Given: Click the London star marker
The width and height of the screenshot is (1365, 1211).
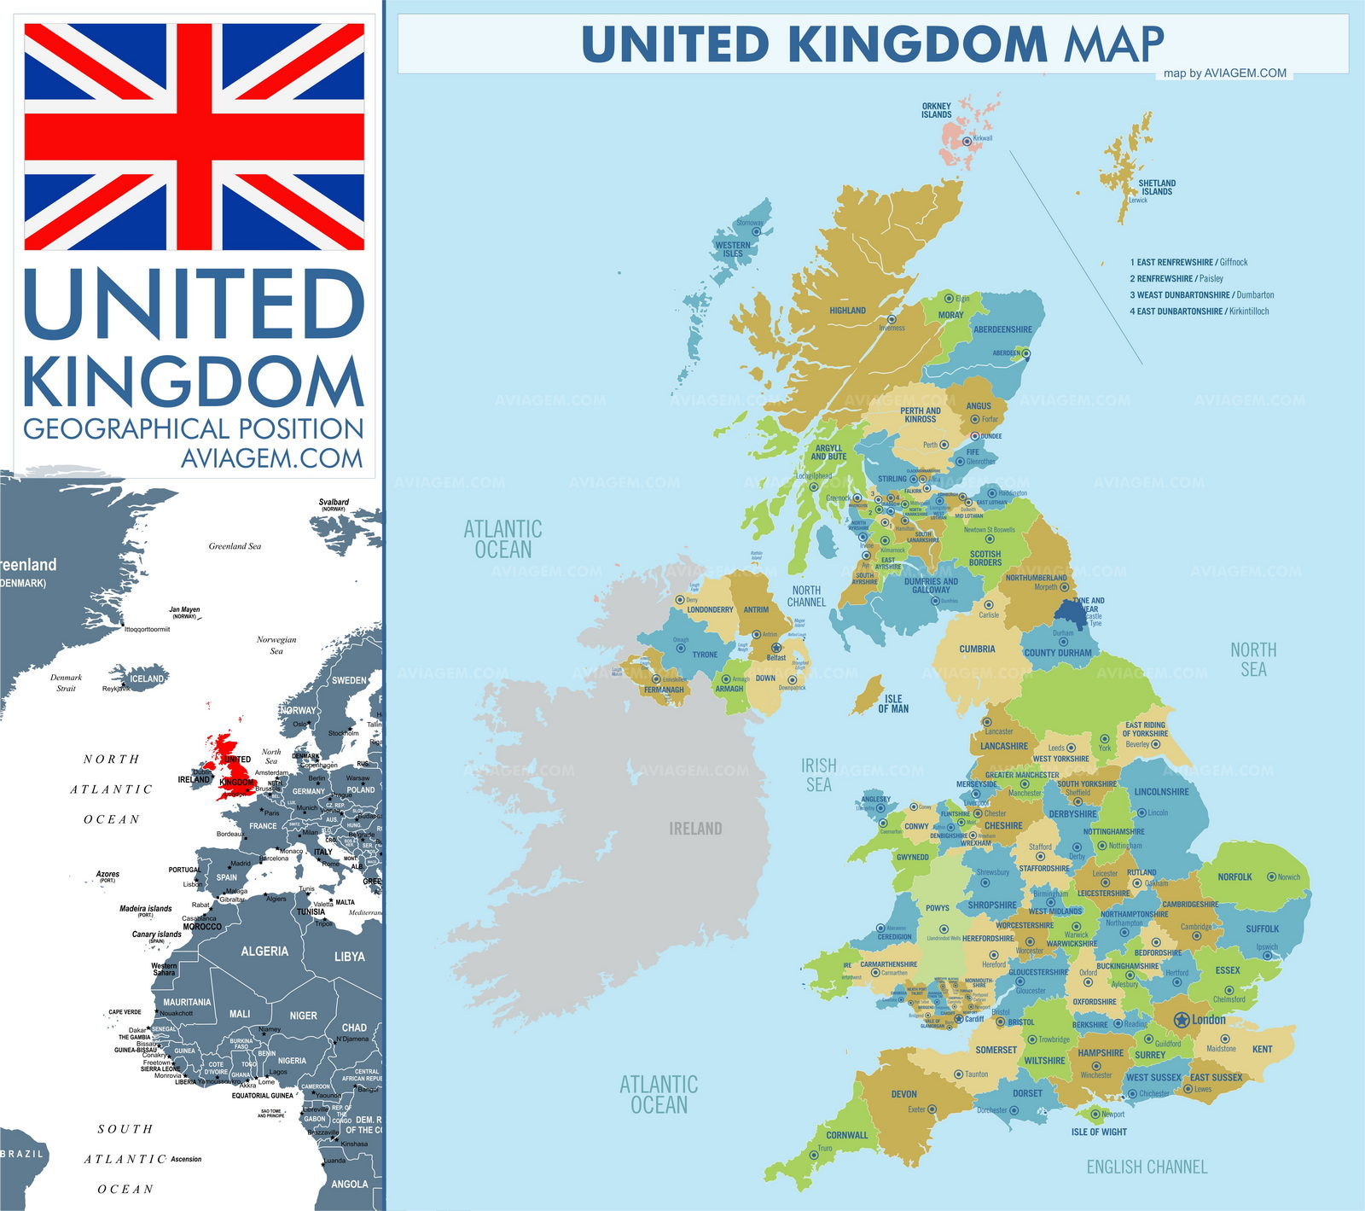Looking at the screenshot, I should tap(1182, 1019).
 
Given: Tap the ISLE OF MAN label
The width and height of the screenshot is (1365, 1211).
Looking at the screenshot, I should tap(893, 704).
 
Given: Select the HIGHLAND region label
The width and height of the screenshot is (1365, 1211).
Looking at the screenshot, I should tap(847, 311).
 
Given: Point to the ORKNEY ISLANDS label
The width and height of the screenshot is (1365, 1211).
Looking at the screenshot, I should tap(936, 111).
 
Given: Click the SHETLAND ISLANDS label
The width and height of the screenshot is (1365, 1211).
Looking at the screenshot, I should tap(1157, 187).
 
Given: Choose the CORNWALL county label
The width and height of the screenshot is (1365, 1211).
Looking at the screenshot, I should tap(846, 1135).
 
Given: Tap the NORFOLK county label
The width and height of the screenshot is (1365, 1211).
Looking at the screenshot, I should tap(1234, 876).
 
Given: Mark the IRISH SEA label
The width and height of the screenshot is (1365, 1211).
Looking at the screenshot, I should tap(818, 775).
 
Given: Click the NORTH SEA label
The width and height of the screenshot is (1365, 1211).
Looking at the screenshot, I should tap(1253, 660).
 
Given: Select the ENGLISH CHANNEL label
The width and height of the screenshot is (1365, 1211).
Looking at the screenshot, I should tap(1147, 1167).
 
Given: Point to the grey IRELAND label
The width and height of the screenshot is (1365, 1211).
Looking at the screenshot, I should tap(695, 829).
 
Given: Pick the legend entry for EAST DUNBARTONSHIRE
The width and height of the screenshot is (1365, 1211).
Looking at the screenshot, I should tap(1199, 311).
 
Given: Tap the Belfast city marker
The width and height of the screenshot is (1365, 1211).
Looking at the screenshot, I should tap(776, 648).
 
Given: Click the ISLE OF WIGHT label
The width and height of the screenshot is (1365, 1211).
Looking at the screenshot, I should tap(1099, 1132).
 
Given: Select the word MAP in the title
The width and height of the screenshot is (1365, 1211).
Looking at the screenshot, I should tap(1113, 44).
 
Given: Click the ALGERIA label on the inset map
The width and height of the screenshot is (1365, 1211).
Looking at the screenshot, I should tap(264, 951).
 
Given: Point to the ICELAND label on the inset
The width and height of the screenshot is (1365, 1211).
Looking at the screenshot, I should tap(147, 679).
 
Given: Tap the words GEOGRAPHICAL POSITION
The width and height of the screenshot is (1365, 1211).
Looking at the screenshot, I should tap(194, 428).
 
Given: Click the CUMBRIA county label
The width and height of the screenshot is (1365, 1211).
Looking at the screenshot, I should tap(977, 649).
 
